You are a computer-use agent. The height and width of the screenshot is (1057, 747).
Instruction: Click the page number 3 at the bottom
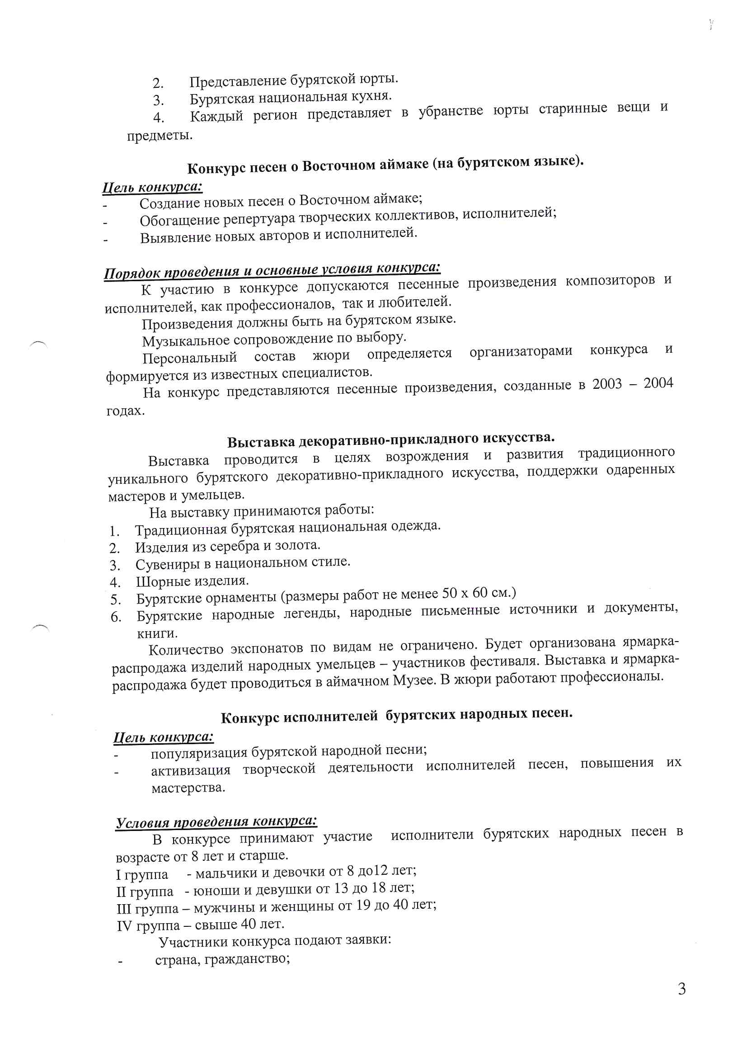681,989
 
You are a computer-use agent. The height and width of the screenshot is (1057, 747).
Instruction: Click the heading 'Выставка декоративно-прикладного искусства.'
391,439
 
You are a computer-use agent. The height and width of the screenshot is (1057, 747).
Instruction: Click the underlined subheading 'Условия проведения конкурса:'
216,822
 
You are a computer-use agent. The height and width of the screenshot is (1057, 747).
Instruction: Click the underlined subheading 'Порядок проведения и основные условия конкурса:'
272,270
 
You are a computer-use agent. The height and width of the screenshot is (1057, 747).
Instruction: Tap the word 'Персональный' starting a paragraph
190,358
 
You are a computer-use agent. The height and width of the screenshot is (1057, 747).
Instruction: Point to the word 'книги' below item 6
157,633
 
